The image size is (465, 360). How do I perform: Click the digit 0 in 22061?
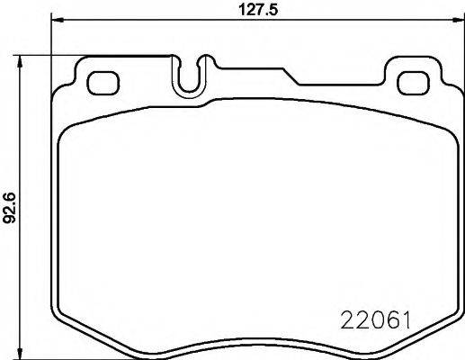371,319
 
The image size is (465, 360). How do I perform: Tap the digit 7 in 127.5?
249,10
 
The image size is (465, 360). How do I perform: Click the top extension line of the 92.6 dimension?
90,55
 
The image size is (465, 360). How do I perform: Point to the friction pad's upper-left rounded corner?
67,131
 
